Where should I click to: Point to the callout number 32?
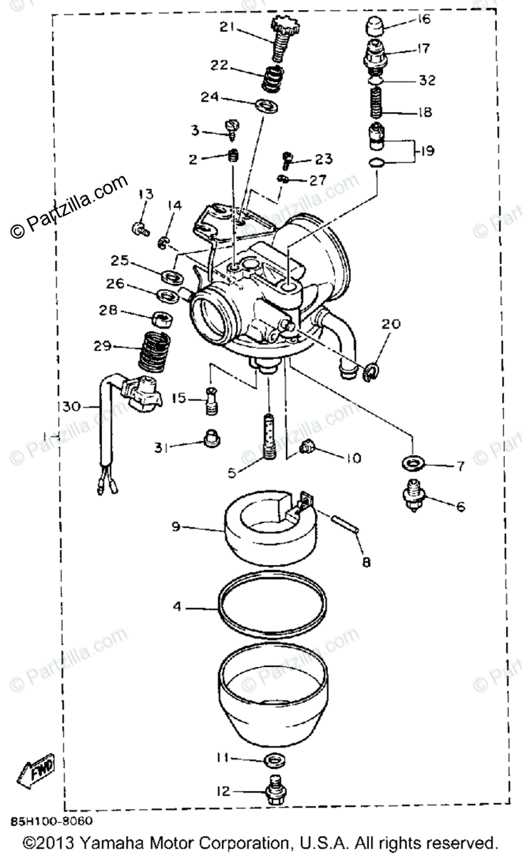pos(426,81)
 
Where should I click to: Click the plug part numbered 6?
pos(414,494)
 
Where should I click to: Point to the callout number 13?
pos(145,194)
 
